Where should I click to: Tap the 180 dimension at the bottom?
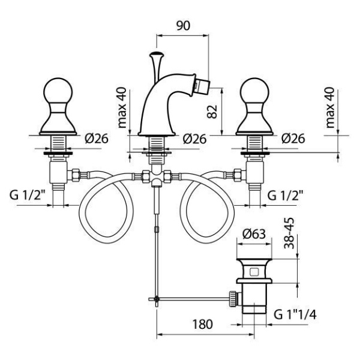pos(202,325)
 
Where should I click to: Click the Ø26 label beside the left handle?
pos(96,139)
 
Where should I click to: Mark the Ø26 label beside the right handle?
pos(292,139)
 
